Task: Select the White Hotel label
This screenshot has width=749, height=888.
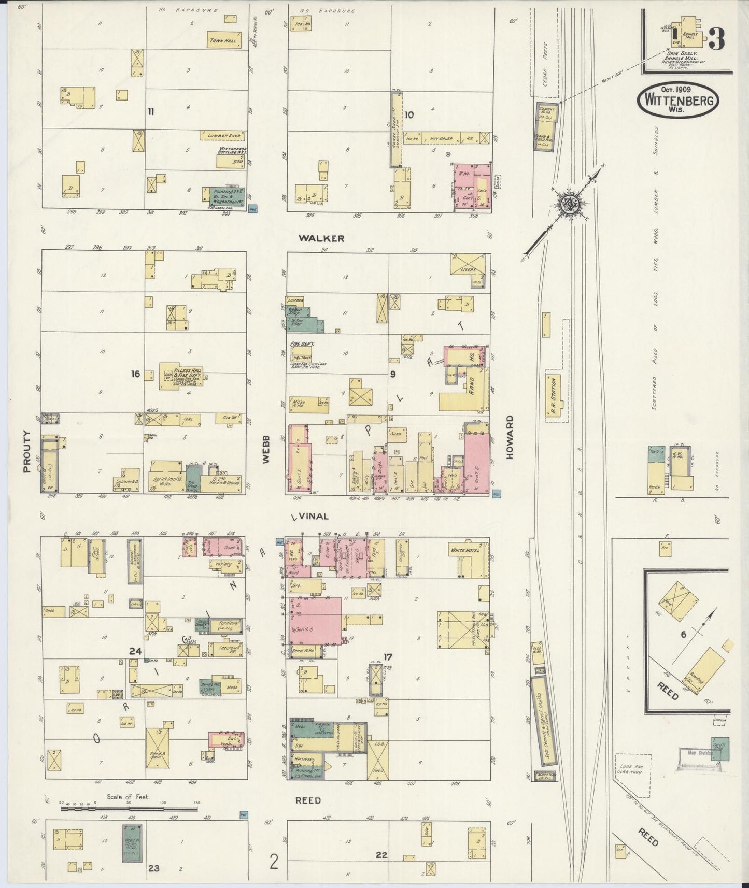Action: tap(465, 550)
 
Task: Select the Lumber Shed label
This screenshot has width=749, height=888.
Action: tap(223, 135)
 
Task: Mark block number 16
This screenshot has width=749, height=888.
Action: tap(135, 374)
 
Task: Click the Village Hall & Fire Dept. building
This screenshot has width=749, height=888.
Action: tap(181, 375)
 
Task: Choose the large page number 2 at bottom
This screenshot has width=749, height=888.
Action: tap(274, 862)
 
